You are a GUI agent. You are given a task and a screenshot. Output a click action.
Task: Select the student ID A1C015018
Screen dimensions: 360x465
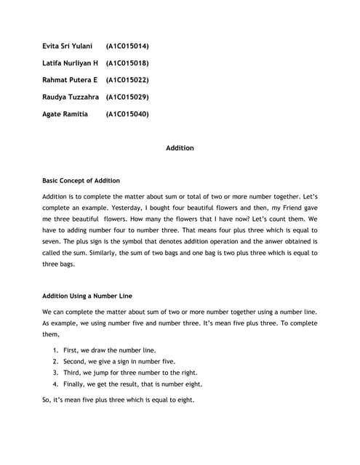127,62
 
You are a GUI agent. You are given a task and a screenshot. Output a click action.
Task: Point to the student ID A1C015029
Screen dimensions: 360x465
127,97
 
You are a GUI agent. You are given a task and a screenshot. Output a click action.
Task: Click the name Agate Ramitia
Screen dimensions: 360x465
65,113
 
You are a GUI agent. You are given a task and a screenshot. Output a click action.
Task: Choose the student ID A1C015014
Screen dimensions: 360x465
127,46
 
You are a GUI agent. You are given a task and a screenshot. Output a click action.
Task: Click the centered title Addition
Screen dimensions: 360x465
180,147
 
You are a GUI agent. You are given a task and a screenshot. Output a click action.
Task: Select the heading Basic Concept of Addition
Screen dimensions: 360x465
81,180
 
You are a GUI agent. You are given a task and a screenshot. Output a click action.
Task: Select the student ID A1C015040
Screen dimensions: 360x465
127,113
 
